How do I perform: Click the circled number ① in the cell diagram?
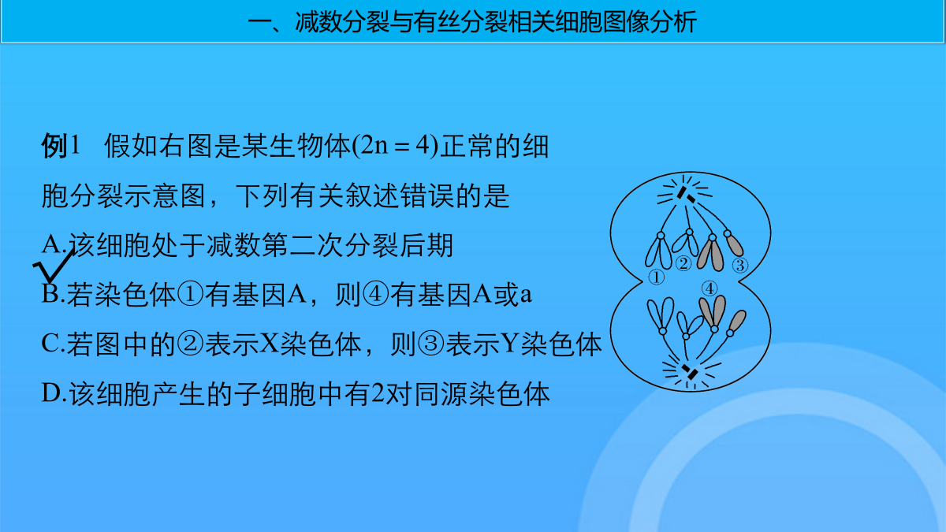click(x=656, y=277)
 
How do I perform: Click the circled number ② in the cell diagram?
click(x=683, y=263)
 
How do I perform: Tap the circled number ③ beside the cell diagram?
click(x=740, y=265)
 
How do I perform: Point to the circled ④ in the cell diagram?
click(x=709, y=288)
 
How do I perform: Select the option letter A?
click(x=51, y=244)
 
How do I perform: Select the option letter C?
click(x=50, y=344)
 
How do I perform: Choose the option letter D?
click(x=50, y=392)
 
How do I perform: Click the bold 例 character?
click(x=54, y=146)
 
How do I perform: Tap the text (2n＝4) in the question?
click(x=395, y=146)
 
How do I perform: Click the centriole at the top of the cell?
click(x=685, y=195)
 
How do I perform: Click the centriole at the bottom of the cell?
click(x=689, y=371)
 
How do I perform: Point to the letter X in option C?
click(x=269, y=344)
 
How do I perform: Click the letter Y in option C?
click(x=510, y=344)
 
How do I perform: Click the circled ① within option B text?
click(x=190, y=294)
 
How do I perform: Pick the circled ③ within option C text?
click(x=430, y=344)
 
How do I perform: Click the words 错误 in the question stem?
click(x=427, y=195)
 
